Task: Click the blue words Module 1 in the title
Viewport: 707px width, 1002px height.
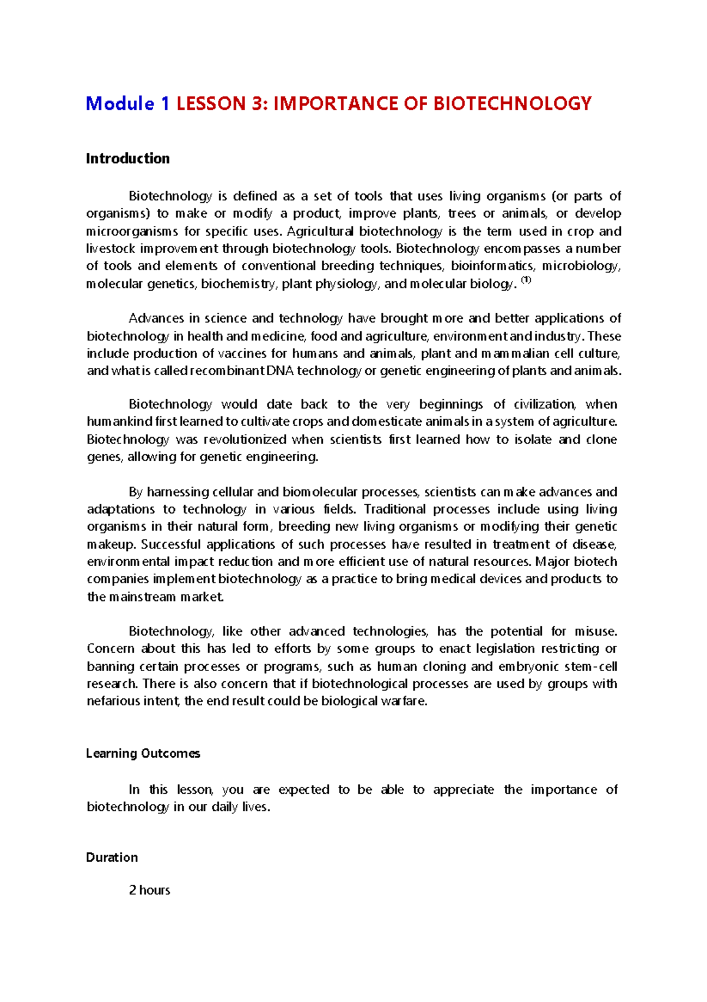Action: click(x=128, y=104)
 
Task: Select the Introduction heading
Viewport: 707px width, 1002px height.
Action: click(x=128, y=159)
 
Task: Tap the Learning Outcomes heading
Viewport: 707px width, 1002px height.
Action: click(x=143, y=754)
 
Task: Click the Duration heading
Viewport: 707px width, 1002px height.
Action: click(x=112, y=858)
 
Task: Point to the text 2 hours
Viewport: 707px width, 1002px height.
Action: click(x=150, y=891)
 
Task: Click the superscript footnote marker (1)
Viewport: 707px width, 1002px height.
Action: click(x=527, y=281)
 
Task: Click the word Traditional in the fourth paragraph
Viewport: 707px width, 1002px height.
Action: click(x=395, y=510)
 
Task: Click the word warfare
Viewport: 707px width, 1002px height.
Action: click(x=404, y=701)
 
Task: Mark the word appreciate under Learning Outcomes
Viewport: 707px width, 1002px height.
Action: click(x=464, y=790)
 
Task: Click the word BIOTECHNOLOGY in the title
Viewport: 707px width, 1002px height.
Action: click(x=513, y=104)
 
